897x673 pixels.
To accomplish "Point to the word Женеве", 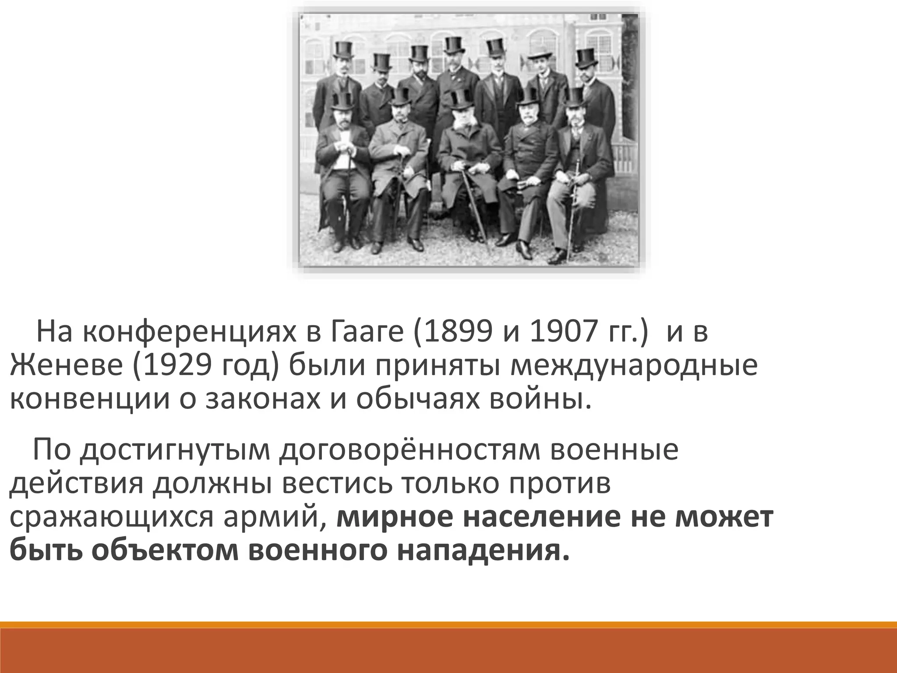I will tap(66, 366).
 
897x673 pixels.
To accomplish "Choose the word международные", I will tap(633, 366).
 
